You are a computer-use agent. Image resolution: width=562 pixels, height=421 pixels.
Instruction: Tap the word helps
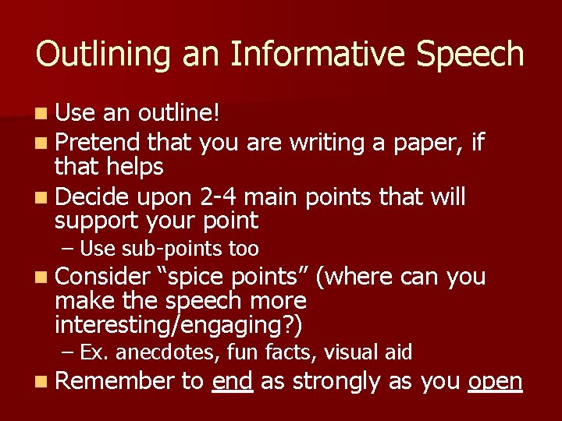(134, 166)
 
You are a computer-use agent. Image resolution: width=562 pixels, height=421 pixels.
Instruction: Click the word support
(99, 221)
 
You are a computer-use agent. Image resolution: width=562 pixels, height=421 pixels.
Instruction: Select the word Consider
(102, 276)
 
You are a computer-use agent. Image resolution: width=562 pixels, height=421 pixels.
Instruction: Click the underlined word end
(232, 380)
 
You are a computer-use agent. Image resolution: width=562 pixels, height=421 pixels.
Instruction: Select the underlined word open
(495, 381)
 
